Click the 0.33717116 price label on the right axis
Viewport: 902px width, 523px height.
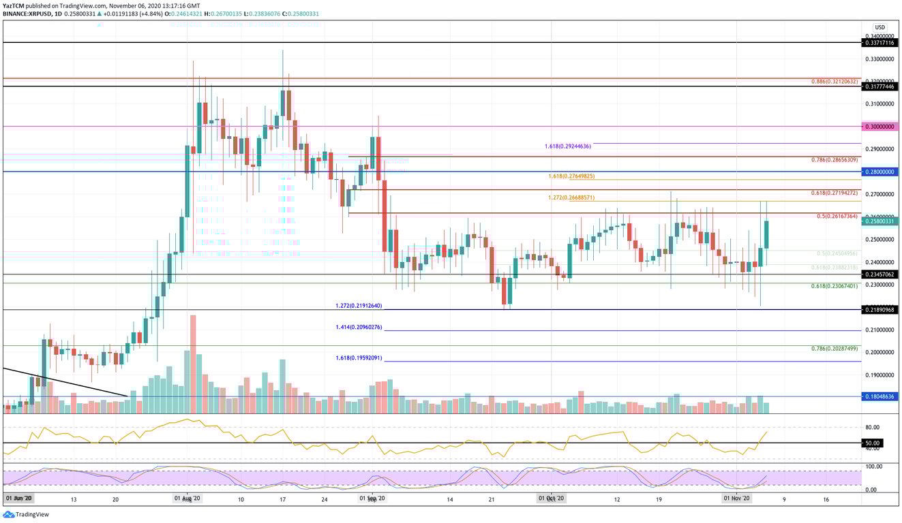click(x=880, y=42)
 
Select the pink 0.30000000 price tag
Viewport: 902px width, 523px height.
click(x=880, y=127)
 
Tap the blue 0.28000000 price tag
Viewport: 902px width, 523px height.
click(x=880, y=172)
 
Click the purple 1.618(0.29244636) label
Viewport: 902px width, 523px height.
click(x=567, y=146)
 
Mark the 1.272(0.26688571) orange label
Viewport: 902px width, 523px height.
click(x=571, y=198)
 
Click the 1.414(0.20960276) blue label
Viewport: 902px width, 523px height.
click(x=359, y=328)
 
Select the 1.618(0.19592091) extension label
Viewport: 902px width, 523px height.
click(x=359, y=358)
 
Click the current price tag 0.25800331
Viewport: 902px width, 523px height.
click(x=880, y=221)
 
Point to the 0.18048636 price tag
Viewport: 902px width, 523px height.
click(x=880, y=396)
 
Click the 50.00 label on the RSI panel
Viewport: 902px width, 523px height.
click(x=873, y=443)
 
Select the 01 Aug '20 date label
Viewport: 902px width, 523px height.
click(x=185, y=499)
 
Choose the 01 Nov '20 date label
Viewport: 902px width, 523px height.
click(x=736, y=499)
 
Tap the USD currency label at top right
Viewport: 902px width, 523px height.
click(x=880, y=27)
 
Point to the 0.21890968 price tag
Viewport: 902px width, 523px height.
click(x=880, y=310)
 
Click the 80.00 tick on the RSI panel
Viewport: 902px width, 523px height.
click(x=873, y=427)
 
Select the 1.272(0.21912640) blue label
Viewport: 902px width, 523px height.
click(x=359, y=305)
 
